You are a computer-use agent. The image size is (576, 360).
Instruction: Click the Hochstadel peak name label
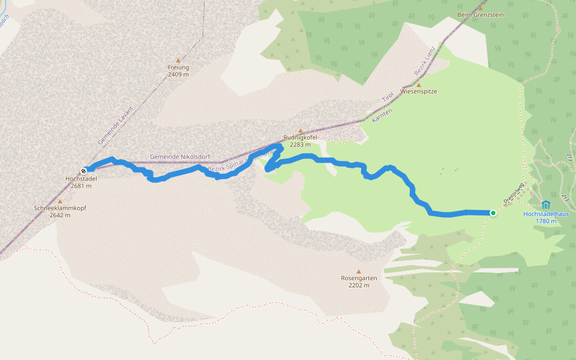80,179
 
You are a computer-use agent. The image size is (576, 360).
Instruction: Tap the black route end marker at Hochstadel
84,170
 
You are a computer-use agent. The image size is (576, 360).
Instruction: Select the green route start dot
493,212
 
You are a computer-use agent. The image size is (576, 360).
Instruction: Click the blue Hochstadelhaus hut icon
545,205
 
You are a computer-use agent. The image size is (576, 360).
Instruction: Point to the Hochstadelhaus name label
545,214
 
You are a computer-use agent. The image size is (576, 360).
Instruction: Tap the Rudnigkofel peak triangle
301,131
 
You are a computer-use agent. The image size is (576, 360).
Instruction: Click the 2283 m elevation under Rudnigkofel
300,145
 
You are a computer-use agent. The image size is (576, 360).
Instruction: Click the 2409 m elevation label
178,74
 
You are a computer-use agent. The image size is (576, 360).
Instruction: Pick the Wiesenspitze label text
418,92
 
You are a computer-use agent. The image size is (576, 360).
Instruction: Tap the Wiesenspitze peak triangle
419,85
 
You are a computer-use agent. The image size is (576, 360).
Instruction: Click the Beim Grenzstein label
480,14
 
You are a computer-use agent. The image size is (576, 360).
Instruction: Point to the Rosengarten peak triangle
359,271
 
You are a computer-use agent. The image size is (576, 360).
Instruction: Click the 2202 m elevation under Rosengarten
359,285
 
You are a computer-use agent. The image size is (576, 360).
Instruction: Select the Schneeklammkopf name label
59,208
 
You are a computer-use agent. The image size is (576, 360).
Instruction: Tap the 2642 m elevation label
59,215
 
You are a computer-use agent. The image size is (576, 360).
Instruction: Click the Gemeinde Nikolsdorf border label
179,157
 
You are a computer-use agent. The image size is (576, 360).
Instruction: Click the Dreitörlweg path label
514,192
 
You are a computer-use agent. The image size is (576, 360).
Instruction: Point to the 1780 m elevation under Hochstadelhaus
545,221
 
